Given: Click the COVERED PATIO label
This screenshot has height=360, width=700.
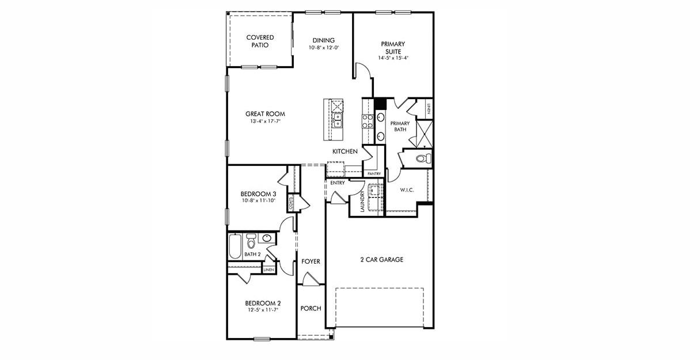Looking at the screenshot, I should pos(260,41).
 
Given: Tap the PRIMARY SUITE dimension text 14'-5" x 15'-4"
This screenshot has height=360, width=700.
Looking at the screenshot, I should pos(392,58).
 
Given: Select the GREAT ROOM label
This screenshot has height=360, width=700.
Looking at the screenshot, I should pos(265,114).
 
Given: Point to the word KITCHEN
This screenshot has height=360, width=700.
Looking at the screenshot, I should pos(345,151).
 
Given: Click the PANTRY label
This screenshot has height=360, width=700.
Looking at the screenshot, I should pos(374,173).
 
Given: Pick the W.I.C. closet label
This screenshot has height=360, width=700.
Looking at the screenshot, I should pos(407,190).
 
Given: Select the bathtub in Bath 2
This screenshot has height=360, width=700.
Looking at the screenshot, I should pos(235,246).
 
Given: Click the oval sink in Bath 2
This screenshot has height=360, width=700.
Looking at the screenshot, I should pos(267,237).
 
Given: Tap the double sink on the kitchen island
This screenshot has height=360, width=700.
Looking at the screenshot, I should pos(338,120).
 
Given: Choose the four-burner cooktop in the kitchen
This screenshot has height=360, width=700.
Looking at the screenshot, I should pos(367,121).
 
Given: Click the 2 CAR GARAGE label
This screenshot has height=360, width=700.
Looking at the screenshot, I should pos(381,260).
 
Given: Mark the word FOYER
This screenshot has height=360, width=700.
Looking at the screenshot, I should pos(311,262).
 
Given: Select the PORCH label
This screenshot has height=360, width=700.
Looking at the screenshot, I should pos(311,308).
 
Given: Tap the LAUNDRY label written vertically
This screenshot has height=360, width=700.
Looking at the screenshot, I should pos(362,202).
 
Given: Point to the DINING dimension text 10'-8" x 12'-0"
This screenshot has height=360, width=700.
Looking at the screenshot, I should pos(323,48).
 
